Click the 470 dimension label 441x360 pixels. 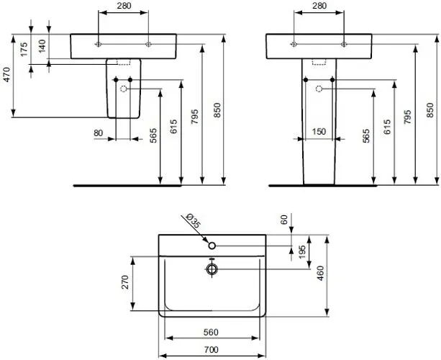(x=6, y=75)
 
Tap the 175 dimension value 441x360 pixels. (x=24, y=49)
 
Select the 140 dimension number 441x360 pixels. (x=42, y=46)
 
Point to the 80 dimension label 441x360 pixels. (x=98, y=133)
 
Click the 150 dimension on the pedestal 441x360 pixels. (x=319, y=132)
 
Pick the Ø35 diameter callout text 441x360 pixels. (x=194, y=220)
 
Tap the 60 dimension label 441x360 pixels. (x=284, y=220)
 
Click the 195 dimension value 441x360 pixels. (x=301, y=252)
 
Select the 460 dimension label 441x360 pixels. (x=320, y=273)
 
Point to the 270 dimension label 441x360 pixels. (x=124, y=282)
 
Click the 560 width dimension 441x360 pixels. (x=211, y=333)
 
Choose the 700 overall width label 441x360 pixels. (x=211, y=350)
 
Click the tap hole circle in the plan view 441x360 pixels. (x=212, y=246)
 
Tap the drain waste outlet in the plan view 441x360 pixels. (x=212, y=269)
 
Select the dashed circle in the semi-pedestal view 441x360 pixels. (x=123, y=89)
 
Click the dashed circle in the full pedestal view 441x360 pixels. (x=319, y=89)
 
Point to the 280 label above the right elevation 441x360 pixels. (x=319, y=6)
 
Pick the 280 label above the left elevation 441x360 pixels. (x=124, y=6)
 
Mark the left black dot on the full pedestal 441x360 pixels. (x=306, y=80)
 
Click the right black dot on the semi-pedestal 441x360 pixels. (x=130, y=80)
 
